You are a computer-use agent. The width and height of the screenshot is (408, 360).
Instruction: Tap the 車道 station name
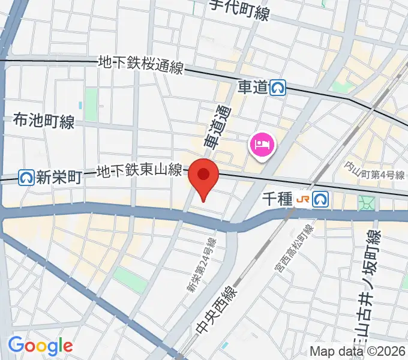252,88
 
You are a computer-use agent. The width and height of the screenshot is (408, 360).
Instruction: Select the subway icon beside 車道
277,88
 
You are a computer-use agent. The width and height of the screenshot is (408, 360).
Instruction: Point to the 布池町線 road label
43,122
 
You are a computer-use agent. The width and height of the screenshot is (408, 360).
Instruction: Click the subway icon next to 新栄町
26,177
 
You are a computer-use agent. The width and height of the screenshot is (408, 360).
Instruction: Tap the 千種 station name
276,198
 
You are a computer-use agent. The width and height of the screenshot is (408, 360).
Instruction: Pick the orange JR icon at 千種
305,199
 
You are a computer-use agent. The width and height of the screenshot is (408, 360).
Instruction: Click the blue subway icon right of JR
322,199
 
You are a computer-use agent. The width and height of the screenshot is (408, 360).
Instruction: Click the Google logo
40,345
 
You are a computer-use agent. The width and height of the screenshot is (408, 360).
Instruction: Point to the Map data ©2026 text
358,352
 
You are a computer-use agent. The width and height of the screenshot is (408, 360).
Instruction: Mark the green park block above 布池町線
91,104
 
